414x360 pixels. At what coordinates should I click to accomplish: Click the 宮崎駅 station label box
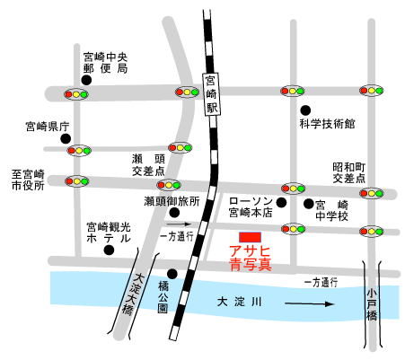tap(211, 94)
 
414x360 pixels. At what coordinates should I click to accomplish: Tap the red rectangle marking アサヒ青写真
tap(250, 237)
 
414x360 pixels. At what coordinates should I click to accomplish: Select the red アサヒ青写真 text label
tap(251, 258)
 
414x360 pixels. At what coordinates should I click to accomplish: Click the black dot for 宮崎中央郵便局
tap(86, 80)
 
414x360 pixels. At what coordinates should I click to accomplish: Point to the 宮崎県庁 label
tap(48, 127)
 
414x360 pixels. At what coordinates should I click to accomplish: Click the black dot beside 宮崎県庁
tap(66, 138)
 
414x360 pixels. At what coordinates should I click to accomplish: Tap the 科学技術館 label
tap(327, 124)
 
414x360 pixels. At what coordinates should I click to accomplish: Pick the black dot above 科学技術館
tap(305, 110)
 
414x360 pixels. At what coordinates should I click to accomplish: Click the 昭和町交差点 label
tap(349, 172)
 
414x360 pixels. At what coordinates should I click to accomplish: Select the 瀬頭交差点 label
tap(148, 165)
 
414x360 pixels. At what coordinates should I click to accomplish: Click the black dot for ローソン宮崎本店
tap(281, 203)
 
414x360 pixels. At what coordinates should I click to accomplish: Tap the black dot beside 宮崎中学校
tap(308, 204)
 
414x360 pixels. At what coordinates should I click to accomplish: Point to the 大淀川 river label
tap(240, 302)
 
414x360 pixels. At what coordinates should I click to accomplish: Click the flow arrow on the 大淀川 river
tap(309, 304)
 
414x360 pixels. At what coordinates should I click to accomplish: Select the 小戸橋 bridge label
tap(372, 304)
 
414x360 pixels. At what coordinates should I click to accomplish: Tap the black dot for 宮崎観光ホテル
tap(109, 250)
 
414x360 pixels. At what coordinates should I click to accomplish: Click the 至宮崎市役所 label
tap(28, 180)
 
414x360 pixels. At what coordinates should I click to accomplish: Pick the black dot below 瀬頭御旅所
tap(174, 213)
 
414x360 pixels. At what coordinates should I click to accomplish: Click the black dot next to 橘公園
tap(172, 274)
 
